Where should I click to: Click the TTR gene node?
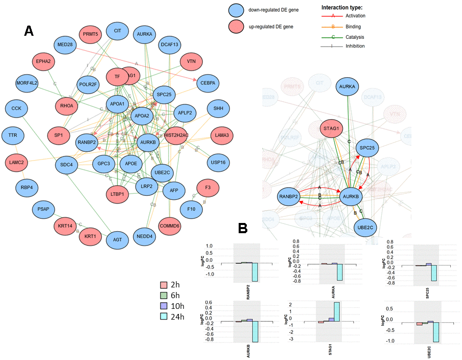click(13, 136)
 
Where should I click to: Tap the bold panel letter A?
click(29, 31)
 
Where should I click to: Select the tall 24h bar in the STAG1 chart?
click(337, 311)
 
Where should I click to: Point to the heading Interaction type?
click(342, 7)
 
